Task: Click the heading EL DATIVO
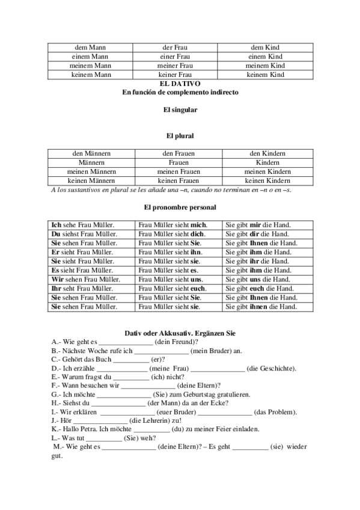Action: (x=180, y=84)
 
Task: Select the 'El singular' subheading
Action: (x=180, y=110)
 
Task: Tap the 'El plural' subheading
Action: (x=180, y=136)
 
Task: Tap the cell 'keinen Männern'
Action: (x=91, y=180)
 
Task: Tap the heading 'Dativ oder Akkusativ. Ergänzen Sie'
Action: (x=180, y=333)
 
